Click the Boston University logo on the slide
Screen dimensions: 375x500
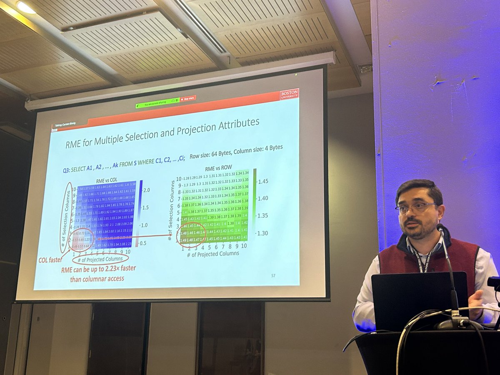pyautogui.click(x=289, y=94)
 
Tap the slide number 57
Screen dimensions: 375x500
pyautogui.click(x=273, y=275)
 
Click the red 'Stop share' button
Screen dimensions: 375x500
pyautogui.click(x=188, y=98)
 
